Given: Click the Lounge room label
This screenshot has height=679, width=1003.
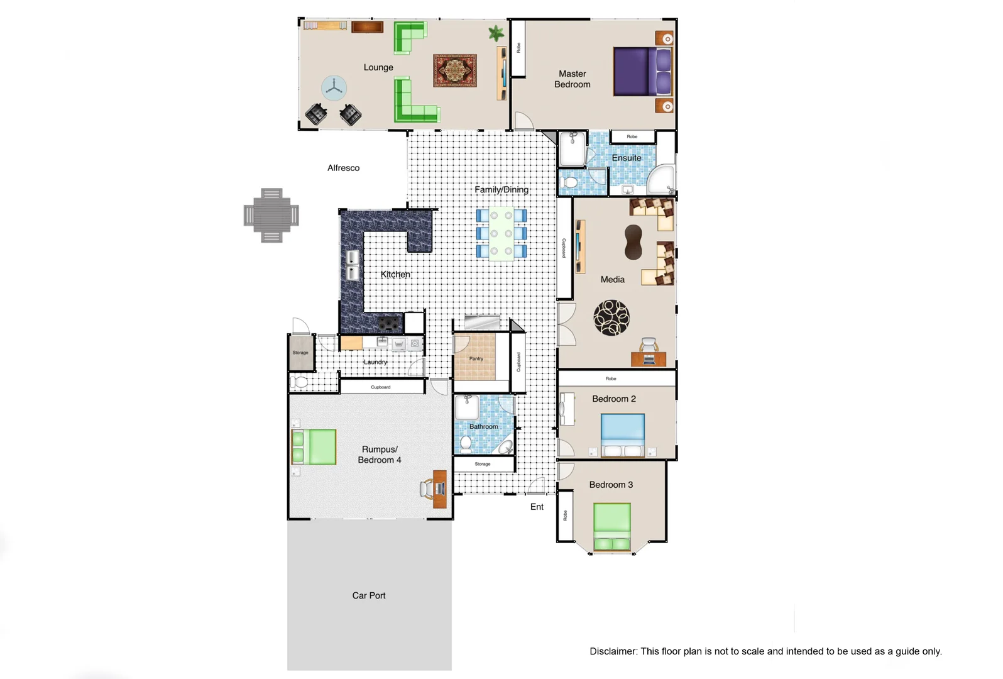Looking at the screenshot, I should tap(378, 67).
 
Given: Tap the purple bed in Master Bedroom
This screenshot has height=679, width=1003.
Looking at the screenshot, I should tap(641, 72).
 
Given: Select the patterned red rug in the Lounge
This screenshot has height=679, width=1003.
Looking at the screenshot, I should tap(455, 70).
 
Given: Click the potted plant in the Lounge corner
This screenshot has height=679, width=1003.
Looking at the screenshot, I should tap(496, 33).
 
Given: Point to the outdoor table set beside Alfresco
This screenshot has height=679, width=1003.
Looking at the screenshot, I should tap(271, 215).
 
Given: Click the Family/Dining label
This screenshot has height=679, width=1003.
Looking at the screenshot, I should tap(501, 189).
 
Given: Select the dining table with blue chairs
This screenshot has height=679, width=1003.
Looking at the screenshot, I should tap(501, 234).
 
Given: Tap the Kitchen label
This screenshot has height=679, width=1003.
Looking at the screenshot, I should tap(395, 275).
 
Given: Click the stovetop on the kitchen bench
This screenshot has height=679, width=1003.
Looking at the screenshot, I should tap(390, 324).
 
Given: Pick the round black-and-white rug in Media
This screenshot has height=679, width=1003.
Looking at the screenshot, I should tap(611, 317).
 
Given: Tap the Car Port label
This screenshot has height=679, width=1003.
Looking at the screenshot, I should tap(369, 595).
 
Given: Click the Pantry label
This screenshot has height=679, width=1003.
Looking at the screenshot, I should tap(476, 359).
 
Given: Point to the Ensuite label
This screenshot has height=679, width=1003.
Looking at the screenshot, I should tap(627, 158).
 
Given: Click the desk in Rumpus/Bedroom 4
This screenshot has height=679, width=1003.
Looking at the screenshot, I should tap(440, 489).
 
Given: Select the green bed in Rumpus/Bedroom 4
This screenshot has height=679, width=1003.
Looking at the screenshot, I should tap(314, 447).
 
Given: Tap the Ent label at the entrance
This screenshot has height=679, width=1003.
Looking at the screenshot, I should tap(537, 507).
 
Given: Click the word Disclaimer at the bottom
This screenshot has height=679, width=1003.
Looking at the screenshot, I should tap(613, 651).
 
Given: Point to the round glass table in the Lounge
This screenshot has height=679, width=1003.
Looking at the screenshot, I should tap(334, 88).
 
